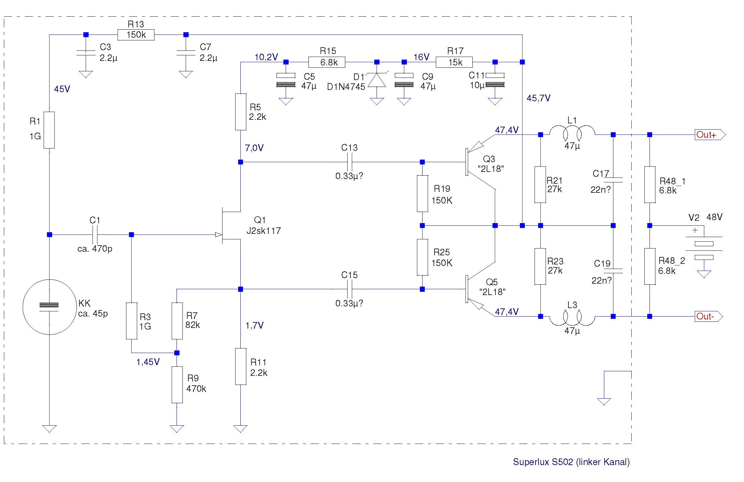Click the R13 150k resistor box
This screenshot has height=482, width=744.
(x=136, y=35)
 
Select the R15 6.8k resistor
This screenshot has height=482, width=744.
(x=327, y=62)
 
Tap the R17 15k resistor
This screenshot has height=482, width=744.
(x=454, y=62)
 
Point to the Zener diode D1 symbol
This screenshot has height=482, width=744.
(x=377, y=80)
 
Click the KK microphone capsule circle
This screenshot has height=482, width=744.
(x=50, y=307)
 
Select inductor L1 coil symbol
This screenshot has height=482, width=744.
(x=572, y=132)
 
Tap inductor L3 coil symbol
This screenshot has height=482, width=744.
(x=572, y=318)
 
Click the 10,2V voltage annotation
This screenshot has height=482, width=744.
(x=266, y=57)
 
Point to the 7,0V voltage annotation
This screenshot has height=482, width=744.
(x=254, y=148)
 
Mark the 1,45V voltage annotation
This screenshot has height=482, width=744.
(x=148, y=362)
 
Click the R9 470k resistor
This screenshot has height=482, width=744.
(x=177, y=385)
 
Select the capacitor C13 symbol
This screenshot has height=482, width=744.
(x=350, y=162)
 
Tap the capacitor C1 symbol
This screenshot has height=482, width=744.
(x=95, y=234)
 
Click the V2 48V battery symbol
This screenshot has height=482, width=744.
(x=704, y=247)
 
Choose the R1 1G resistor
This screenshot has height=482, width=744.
(x=49, y=130)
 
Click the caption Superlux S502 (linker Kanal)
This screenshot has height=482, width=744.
(x=571, y=462)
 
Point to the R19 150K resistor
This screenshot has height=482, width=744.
(x=422, y=194)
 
